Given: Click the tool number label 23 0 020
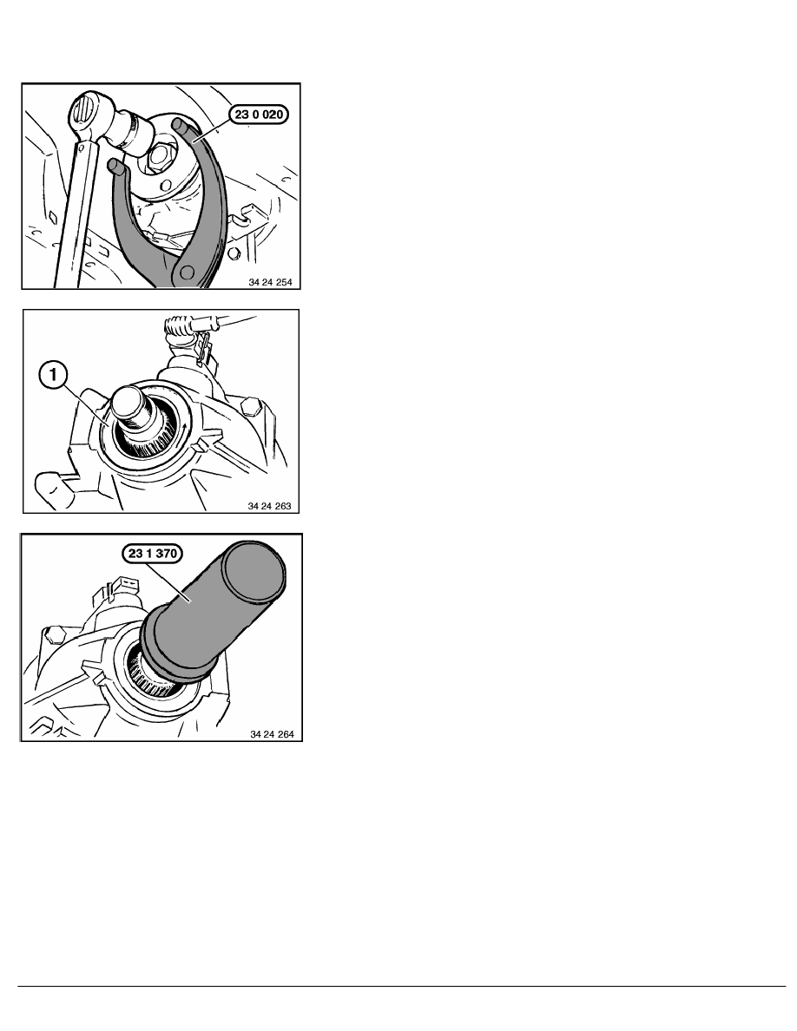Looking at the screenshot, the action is tap(259, 115).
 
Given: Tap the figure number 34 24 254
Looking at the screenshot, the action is tap(270, 282).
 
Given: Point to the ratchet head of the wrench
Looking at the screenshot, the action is tap(86, 110).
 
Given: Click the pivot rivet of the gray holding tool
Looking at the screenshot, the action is tap(189, 271).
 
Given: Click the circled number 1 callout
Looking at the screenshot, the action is tap(53, 376).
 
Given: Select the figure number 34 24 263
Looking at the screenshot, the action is tap(269, 506).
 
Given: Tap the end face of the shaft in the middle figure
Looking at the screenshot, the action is tap(130, 398).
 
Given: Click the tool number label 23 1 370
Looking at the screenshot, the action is tap(153, 554).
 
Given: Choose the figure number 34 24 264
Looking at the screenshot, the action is tap(272, 734).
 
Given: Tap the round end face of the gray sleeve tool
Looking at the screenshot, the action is tap(254, 572).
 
